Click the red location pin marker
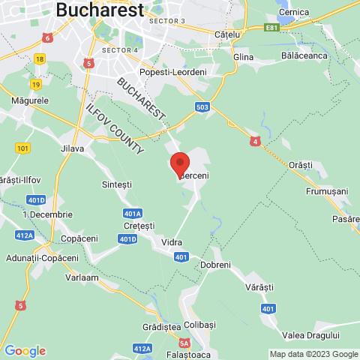click(x=180, y=163)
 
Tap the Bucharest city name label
click(x=100, y=10)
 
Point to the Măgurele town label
click(x=30, y=100)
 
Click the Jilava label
click(x=73, y=148)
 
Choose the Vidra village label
click(x=172, y=242)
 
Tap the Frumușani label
click(x=327, y=191)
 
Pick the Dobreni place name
click(x=216, y=265)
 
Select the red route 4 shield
click(x=255, y=140)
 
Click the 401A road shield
click(x=133, y=213)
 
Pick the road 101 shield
click(x=22, y=148)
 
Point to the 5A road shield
click(x=184, y=343)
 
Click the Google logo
click(x=25, y=350)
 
